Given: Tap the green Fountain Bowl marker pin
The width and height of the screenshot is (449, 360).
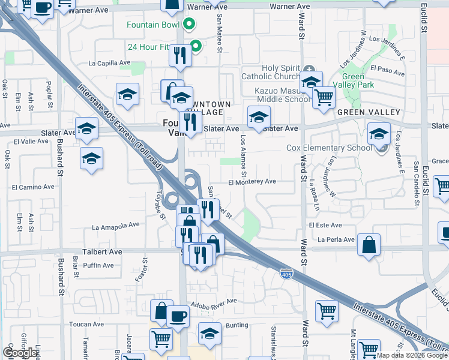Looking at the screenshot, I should tap(189, 25).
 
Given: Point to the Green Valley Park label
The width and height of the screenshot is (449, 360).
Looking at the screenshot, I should tap(358, 80).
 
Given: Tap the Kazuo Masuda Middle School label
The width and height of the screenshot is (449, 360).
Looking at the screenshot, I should tap(276, 94).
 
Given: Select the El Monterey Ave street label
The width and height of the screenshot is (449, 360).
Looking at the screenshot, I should tap(252, 182).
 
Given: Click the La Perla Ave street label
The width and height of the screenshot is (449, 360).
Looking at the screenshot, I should tap(337, 240).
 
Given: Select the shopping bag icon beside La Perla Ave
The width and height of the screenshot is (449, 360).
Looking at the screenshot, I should tap(370, 245).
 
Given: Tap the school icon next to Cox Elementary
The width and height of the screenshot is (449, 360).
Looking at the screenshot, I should tap(379, 134).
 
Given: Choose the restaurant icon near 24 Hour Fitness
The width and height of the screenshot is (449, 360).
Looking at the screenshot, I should tap(179, 56).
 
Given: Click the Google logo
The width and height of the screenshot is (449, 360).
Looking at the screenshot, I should tap(20, 353).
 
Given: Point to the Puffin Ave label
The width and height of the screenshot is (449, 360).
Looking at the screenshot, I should tap(98, 265).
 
